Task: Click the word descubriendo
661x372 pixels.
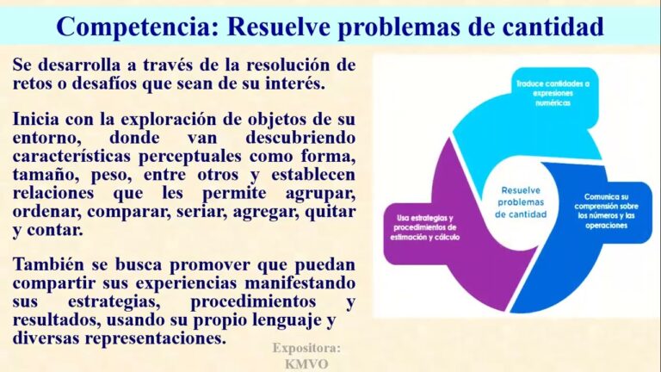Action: click(300, 138)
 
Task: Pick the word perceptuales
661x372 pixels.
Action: click(190, 157)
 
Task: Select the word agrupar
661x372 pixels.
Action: click(320, 194)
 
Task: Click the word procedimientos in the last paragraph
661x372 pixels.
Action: click(253, 302)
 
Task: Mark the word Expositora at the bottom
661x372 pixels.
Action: click(306, 349)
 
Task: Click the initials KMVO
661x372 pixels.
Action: click(306, 364)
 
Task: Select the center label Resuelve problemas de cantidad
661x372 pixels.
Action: click(521, 202)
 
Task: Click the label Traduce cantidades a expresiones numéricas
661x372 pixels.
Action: click(553, 93)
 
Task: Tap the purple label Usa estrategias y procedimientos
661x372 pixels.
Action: click(425, 227)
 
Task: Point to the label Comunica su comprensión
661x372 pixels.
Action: click(606, 211)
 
